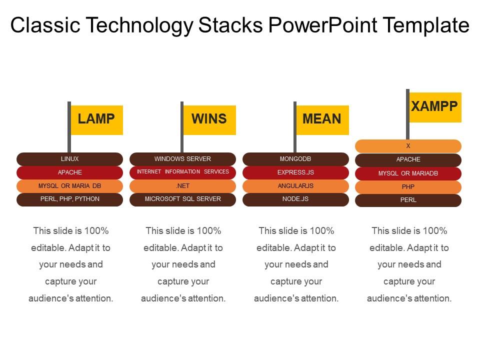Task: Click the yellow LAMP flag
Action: coord(96,119)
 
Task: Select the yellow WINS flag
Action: coord(209,119)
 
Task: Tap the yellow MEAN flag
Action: coord(322,119)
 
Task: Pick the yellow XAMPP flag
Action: coord(435,107)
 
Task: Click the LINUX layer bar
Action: coord(69,159)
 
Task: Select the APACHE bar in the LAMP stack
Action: coord(69,172)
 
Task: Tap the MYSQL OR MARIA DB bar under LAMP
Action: coord(69,186)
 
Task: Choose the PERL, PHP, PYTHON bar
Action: coord(69,199)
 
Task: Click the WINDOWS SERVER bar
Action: coord(182,159)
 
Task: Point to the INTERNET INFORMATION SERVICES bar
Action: coord(182,172)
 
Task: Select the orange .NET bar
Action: coord(182,186)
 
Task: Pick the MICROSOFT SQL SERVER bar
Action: coord(182,199)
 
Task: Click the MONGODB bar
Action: coord(295,159)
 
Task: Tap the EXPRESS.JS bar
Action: coord(295,172)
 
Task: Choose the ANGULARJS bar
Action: coord(295,186)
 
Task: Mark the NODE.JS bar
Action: coord(295,199)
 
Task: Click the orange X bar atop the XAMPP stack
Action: coord(408,146)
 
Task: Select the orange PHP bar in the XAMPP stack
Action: coord(408,187)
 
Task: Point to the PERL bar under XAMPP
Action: coord(408,200)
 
